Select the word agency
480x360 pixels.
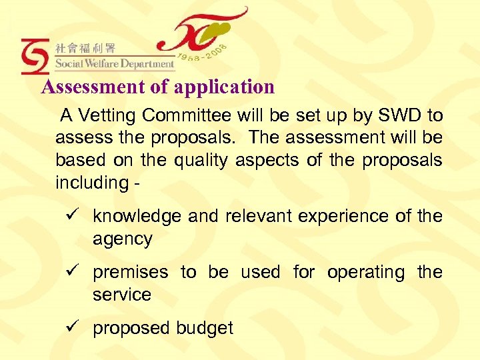[123, 239]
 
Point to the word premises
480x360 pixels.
[131, 273]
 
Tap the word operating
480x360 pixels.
[365, 273]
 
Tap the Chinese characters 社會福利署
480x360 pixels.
[85, 48]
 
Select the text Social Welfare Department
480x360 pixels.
[115, 64]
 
